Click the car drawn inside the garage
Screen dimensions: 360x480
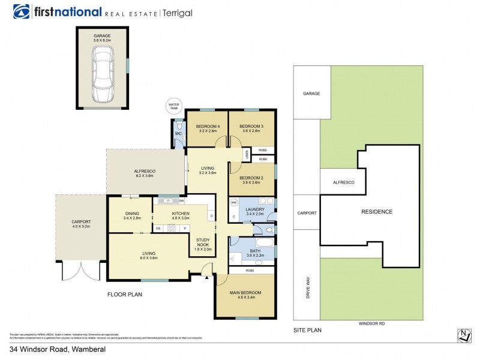tap(103, 74)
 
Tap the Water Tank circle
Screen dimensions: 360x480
tap(174, 107)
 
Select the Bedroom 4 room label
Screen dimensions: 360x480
tap(207, 128)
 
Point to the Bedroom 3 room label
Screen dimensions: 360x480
tap(251, 128)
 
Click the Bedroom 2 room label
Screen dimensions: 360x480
tap(251, 181)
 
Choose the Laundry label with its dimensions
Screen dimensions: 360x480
tap(255, 211)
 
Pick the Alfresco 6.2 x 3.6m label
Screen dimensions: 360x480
tap(145, 174)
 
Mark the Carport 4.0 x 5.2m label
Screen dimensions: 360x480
tap(81, 224)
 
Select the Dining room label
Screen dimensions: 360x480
tap(132, 215)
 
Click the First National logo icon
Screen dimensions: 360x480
tap(22, 12)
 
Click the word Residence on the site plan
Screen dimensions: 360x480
tap(377, 212)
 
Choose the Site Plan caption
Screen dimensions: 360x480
tap(307, 331)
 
